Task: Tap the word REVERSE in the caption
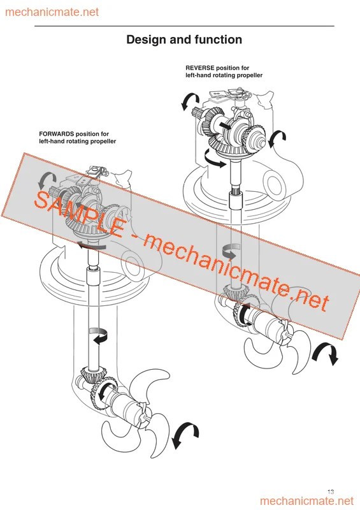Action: click(x=199, y=68)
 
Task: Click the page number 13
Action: click(x=331, y=492)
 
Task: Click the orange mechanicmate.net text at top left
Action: click(x=52, y=12)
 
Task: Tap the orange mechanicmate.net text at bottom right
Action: click(x=306, y=501)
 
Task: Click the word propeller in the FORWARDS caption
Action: click(x=103, y=142)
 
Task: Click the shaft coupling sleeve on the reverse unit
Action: click(x=235, y=200)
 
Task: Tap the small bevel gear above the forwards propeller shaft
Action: click(x=90, y=375)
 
